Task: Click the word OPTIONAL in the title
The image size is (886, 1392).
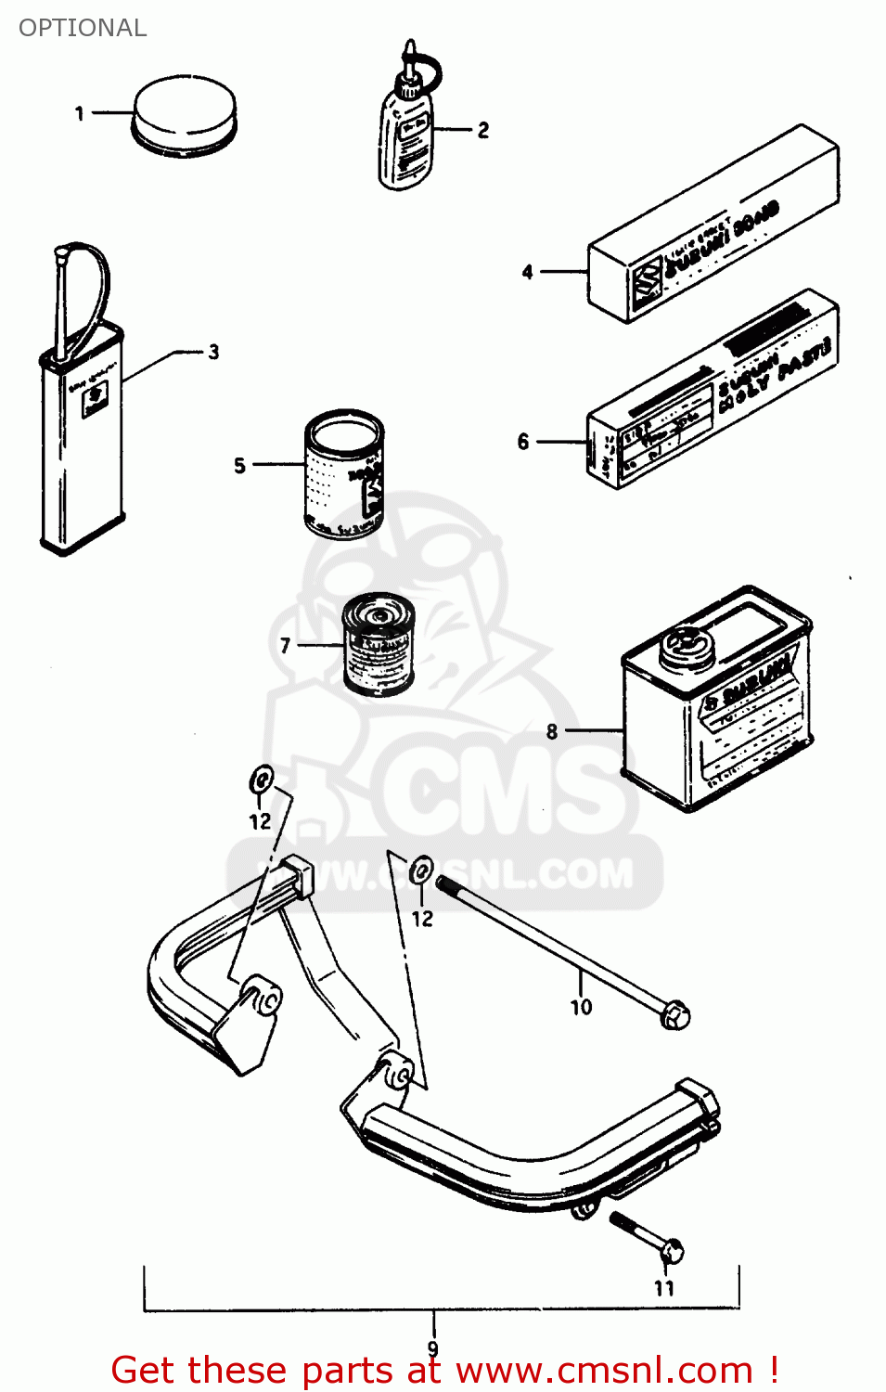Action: (x=83, y=28)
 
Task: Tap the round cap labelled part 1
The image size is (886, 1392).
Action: (x=185, y=116)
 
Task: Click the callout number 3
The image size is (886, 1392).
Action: (x=214, y=352)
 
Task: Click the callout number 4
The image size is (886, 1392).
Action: (x=527, y=272)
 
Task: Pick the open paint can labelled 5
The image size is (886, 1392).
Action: (x=343, y=475)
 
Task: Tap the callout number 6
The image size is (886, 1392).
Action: (x=523, y=442)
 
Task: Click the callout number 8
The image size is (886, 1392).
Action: (x=552, y=731)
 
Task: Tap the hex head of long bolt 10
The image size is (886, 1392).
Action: (x=675, y=1014)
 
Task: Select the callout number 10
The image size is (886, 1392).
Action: (x=581, y=1007)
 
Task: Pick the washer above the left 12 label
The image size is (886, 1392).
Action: (x=262, y=780)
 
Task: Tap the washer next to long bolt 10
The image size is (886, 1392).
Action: (x=421, y=870)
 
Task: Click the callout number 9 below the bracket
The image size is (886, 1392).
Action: (x=433, y=1348)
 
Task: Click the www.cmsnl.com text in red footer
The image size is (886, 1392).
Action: (x=604, y=1371)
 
